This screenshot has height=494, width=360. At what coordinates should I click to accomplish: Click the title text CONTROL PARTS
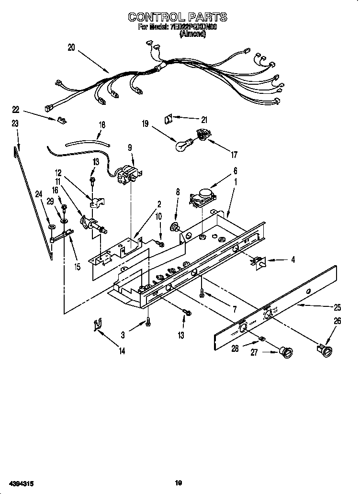177,17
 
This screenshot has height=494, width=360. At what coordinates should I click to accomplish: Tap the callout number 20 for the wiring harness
71,47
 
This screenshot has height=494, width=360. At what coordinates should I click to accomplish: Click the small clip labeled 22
61,120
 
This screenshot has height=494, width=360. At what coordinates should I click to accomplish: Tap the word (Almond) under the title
192,35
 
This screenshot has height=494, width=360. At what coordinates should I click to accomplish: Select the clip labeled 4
260,261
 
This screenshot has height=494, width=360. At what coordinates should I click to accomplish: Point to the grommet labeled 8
176,226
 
